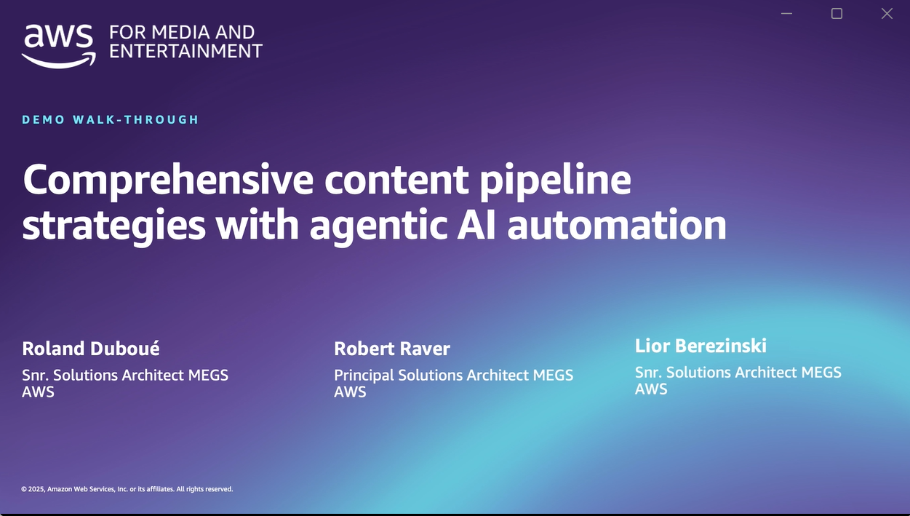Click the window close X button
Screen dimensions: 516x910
click(887, 14)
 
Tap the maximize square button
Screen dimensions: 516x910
click(837, 14)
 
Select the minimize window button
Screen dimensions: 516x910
click(786, 14)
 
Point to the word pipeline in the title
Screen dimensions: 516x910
click(555, 180)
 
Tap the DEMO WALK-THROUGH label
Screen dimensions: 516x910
click(111, 119)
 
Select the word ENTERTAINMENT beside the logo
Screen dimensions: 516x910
click(185, 51)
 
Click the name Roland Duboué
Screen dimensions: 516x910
click(91, 349)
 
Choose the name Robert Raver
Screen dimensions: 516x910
click(392, 349)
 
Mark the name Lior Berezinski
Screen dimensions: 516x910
click(701, 346)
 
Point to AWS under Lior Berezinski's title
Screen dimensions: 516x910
click(651, 389)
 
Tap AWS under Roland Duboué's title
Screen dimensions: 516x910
click(38, 392)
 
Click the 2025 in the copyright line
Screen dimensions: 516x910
click(36, 489)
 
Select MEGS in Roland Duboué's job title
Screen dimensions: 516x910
click(208, 376)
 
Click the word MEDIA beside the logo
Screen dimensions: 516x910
click(177, 33)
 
